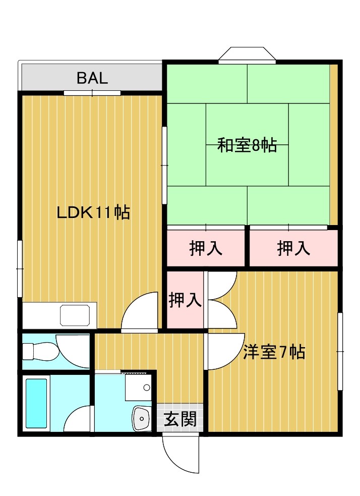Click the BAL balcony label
tap(92, 78)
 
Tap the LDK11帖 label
tap(93, 212)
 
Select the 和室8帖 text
tap(247, 145)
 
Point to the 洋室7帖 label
tap(274, 352)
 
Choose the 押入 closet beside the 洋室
tap(185, 300)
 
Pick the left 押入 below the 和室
tap(206, 248)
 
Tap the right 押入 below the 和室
tap(293, 248)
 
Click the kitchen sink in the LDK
tap(75, 315)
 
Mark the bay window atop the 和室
tap(247, 55)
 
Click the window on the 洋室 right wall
tap(340, 352)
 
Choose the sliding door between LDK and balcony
tap(92, 93)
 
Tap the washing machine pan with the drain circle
tap(138, 388)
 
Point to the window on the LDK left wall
tap(20, 269)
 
